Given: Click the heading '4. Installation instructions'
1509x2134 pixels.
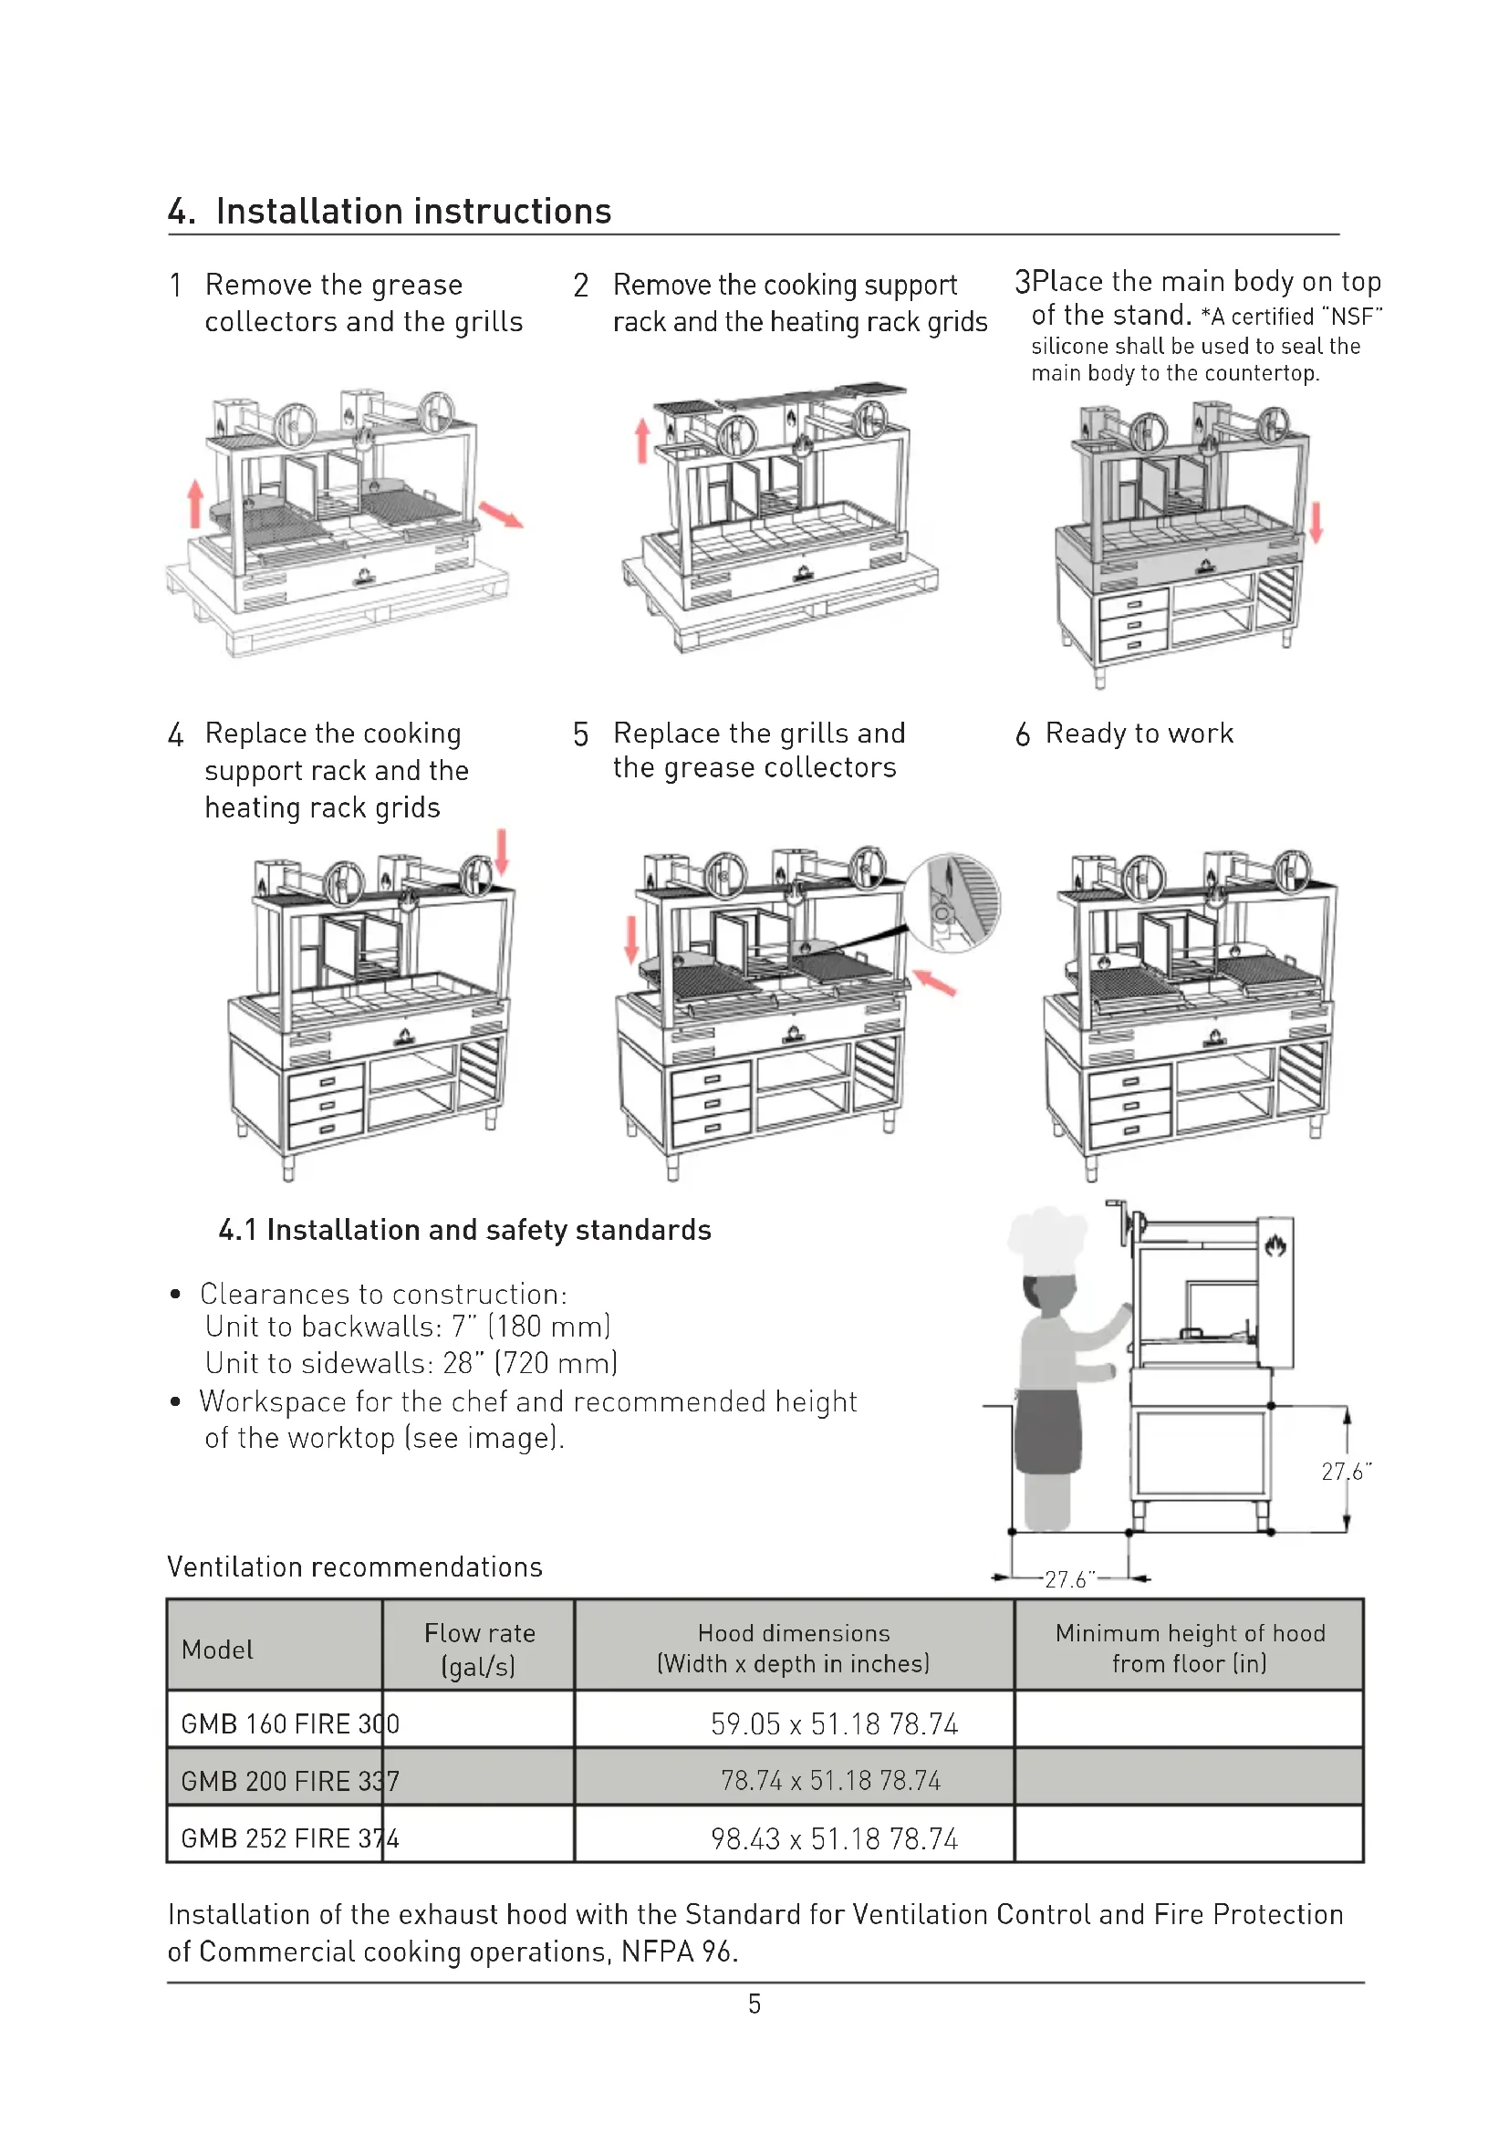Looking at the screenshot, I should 390,211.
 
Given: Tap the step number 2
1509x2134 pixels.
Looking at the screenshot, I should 581,286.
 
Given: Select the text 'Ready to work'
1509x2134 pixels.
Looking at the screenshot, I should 1140,734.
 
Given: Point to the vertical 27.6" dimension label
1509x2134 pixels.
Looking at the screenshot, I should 1346,1472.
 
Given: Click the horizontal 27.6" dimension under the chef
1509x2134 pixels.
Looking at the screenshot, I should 1069,1579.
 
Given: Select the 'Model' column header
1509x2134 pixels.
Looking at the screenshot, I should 217,1650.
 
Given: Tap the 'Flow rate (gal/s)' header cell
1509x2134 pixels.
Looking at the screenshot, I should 479,1649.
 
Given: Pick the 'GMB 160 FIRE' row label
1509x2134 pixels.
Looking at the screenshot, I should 265,1724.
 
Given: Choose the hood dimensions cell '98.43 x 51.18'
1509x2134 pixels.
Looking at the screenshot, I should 795,1838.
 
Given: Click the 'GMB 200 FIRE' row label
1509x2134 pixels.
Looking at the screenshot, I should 265,1781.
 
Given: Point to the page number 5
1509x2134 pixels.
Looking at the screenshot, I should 754,2004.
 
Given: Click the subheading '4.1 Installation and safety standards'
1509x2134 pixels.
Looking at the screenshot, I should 464,1230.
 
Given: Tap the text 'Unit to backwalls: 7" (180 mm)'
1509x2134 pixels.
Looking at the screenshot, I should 408,1327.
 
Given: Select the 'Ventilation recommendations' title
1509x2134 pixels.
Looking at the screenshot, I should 355,1567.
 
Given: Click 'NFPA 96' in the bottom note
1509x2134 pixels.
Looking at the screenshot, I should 678,1951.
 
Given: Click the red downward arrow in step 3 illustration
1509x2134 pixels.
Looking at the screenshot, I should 1316,523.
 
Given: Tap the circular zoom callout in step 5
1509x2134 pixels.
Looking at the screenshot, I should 952,902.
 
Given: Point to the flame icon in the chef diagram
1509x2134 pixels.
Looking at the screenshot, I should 1275,1244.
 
